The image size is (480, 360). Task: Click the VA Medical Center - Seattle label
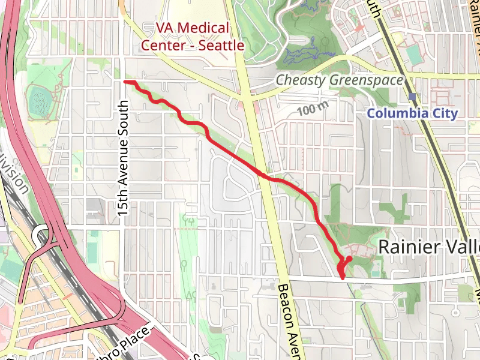(x=192, y=36)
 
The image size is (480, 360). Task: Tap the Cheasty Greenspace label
(x=339, y=80)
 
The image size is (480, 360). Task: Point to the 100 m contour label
(x=314, y=110)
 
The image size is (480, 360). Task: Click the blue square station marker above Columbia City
(x=412, y=96)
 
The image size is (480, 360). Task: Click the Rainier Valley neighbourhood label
(x=430, y=246)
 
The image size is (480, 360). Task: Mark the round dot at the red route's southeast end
(x=349, y=259)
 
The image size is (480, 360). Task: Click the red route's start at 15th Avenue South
(x=125, y=81)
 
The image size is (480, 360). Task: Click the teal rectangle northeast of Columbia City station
(x=414, y=53)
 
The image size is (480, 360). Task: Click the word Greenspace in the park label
(x=365, y=80)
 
